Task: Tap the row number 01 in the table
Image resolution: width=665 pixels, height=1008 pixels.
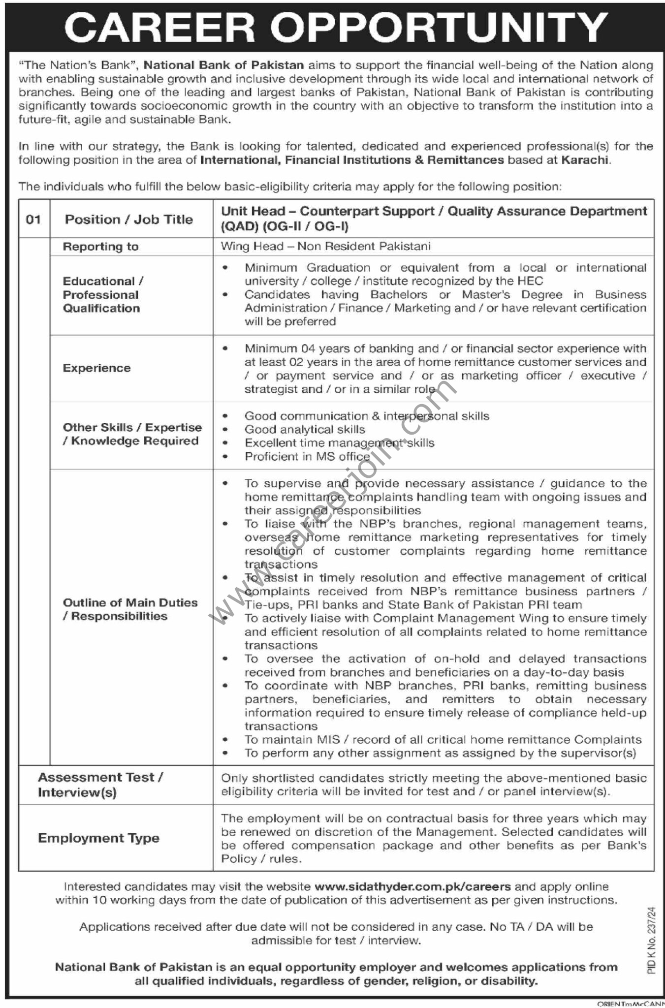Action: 33,219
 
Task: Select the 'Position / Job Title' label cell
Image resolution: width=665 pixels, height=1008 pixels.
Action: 128,220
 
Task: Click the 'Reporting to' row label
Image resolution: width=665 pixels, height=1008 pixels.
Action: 100,247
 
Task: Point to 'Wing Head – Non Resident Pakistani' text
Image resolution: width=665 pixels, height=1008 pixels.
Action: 325,246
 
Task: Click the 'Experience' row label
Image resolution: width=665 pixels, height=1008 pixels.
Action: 96,368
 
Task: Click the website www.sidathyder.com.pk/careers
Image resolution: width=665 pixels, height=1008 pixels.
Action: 412,886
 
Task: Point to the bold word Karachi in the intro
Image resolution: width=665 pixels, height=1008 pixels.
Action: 585,159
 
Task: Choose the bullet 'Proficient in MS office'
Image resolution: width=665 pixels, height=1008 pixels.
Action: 307,456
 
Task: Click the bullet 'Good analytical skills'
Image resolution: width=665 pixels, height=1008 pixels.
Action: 305,430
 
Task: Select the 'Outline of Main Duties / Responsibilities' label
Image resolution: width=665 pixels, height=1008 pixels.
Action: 130,609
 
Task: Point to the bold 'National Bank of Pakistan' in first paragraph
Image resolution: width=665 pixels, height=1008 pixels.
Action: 224,64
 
